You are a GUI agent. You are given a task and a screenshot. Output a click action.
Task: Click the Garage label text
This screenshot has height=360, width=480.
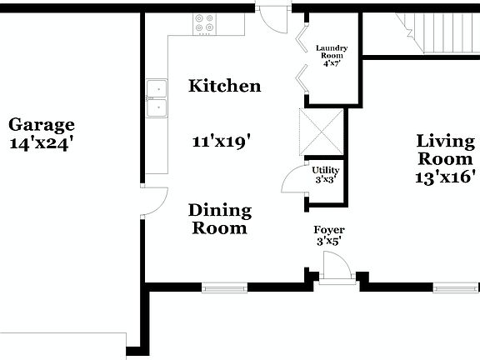point(42,125)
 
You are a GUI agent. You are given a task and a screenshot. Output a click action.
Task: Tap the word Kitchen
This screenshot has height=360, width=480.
point(224,86)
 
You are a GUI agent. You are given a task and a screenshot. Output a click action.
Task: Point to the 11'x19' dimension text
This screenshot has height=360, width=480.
point(222,142)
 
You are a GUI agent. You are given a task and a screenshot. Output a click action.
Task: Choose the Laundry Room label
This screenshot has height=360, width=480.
point(331,52)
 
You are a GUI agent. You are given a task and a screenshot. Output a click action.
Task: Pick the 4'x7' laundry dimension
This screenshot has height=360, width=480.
point(331,63)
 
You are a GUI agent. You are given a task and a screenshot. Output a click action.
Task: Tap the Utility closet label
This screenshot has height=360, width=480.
point(326,170)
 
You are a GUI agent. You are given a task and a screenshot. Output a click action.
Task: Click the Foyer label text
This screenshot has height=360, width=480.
point(329,230)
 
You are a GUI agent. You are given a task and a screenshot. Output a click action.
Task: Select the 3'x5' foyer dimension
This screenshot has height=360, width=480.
point(329,241)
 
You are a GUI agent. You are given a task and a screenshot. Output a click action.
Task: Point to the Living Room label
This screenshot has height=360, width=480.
point(445,150)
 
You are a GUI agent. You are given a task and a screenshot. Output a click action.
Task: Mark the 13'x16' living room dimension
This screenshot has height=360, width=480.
point(445,177)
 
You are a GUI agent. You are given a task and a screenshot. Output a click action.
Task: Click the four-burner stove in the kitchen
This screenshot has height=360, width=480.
point(205,23)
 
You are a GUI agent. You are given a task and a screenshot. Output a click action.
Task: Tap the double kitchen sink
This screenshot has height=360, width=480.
point(156,98)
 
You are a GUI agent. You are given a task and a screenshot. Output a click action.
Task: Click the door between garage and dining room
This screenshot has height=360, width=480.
point(153,202)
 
